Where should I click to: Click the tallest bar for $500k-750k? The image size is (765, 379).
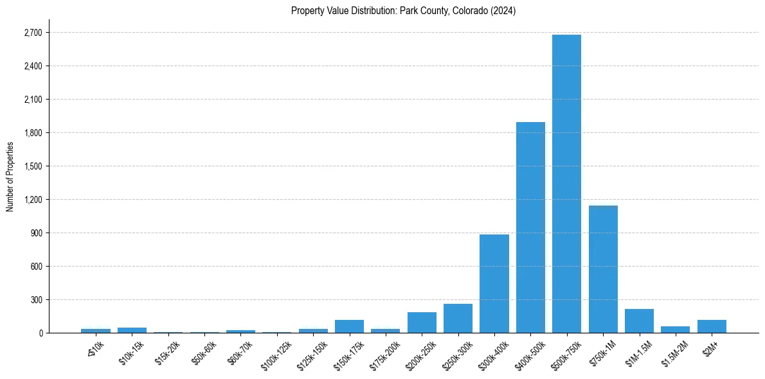[x=566, y=184]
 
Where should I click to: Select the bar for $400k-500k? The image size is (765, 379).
[x=530, y=227]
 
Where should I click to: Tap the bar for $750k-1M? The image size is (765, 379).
[x=603, y=269]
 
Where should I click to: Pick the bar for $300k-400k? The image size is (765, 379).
[x=494, y=284]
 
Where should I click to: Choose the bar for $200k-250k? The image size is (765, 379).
[x=422, y=322]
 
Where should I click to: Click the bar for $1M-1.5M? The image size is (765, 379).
[x=639, y=321]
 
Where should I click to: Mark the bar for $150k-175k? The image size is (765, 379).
[x=349, y=326]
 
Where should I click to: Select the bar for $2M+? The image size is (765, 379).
[x=712, y=326]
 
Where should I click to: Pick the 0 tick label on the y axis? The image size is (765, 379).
[x=40, y=333]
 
